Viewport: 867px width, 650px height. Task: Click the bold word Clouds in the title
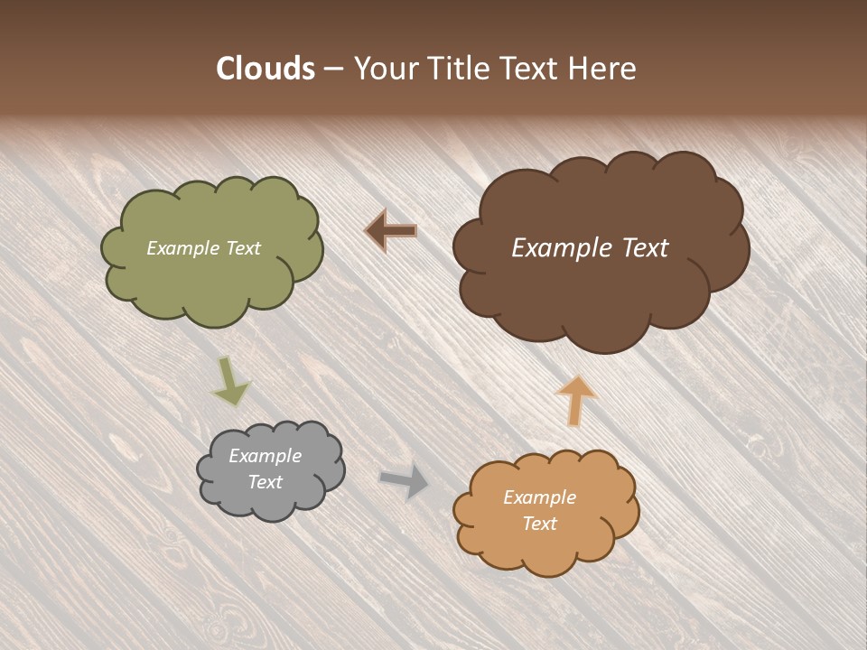(x=266, y=69)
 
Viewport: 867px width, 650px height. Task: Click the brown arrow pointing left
(x=390, y=231)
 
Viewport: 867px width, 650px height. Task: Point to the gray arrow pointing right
(x=404, y=480)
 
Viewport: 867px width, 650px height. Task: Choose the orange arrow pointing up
(x=575, y=399)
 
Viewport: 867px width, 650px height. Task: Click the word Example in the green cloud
(x=181, y=248)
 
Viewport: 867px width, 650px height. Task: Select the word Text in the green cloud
(x=241, y=248)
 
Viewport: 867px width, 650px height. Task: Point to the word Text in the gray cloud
(x=266, y=482)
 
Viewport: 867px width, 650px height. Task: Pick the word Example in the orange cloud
(x=539, y=497)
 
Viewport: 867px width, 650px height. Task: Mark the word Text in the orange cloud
(x=539, y=524)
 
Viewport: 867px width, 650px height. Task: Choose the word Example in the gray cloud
(x=266, y=456)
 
